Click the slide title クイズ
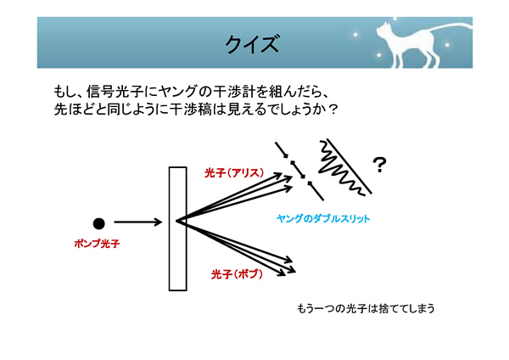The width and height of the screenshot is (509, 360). click(x=252, y=44)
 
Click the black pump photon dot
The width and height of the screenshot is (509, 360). click(x=98, y=223)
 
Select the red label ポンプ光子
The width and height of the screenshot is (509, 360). click(x=97, y=244)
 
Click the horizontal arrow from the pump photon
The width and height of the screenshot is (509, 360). click(x=137, y=222)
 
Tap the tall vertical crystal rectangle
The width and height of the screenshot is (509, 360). click(x=177, y=228)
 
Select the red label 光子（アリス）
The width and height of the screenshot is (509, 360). click(x=234, y=173)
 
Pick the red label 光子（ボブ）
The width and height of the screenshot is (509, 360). click(x=237, y=274)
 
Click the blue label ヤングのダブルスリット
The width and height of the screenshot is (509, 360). click(x=323, y=219)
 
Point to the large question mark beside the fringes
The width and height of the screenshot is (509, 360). click(x=379, y=165)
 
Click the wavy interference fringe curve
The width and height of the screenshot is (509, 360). click(x=342, y=170)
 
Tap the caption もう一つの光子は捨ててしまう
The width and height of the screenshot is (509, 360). click(x=366, y=308)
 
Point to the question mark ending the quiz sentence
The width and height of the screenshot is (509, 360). click(x=333, y=110)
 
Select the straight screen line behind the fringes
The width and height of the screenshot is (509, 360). click(x=350, y=166)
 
